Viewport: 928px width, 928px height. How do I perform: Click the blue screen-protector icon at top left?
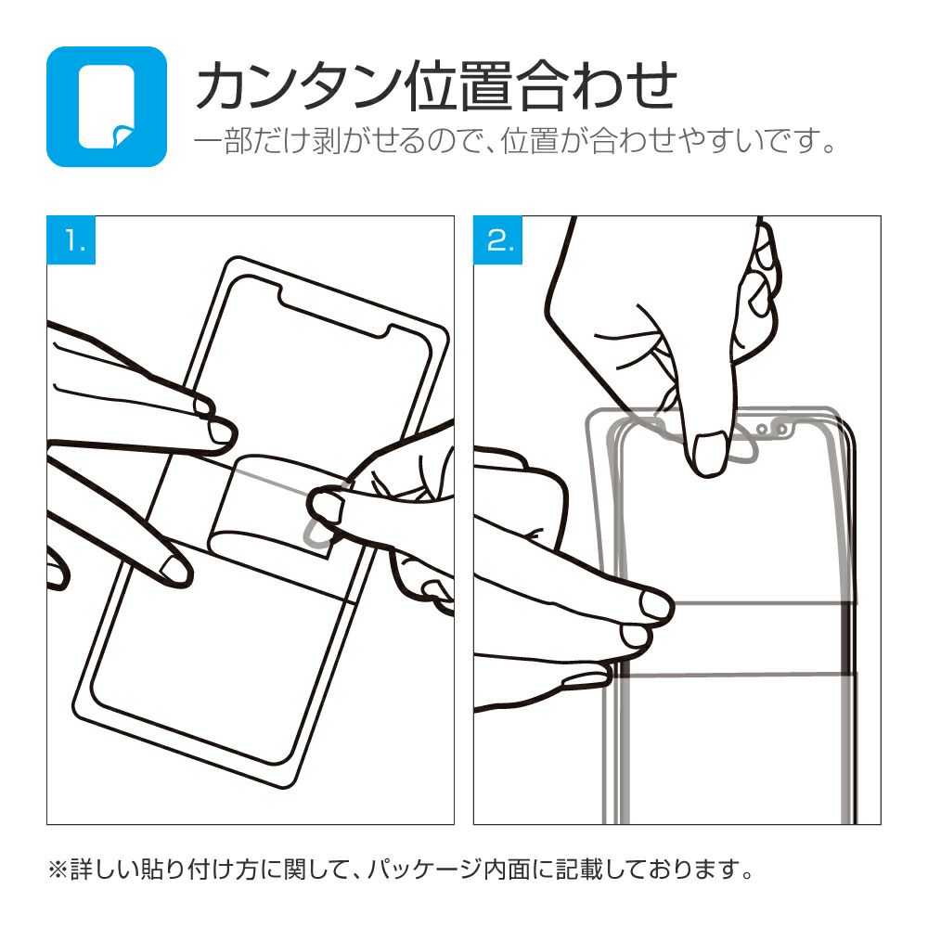[107, 107]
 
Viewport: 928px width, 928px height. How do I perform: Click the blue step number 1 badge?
[71, 239]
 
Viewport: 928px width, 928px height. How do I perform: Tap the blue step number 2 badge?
[497, 239]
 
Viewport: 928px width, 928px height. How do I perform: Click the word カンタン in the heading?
[297, 86]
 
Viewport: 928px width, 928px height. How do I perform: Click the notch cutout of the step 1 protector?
[334, 313]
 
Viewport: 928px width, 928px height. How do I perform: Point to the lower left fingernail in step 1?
[174, 569]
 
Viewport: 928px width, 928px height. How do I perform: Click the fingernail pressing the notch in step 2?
[709, 453]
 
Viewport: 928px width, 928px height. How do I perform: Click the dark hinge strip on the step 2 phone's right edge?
[850, 638]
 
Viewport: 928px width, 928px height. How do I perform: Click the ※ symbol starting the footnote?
[58, 870]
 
